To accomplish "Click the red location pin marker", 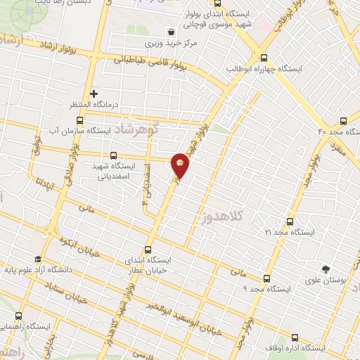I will pos(181,164).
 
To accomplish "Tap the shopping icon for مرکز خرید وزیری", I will pos(172,32).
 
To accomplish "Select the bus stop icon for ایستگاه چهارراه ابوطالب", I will pos(264,58).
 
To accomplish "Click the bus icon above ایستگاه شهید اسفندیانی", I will pos(113,155).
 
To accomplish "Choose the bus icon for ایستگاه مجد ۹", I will pos(266,278).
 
